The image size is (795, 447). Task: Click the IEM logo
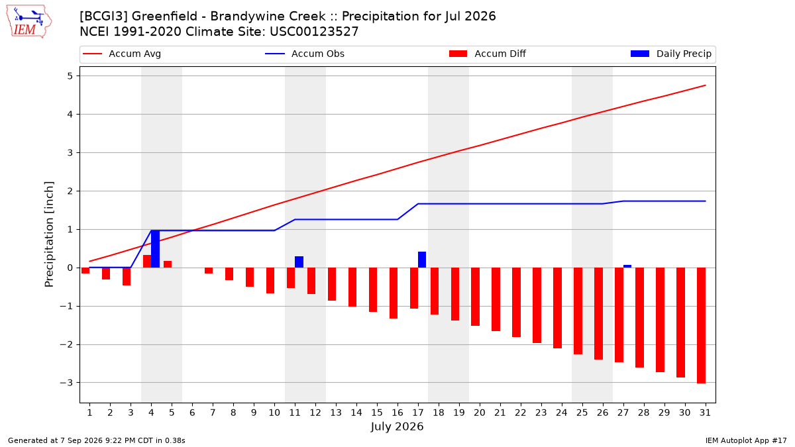tap(28, 22)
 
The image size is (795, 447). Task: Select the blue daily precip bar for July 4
tap(155, 249)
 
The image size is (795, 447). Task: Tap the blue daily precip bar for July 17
tap(422, 260)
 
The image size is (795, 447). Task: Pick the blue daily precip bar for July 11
tap(299, 262)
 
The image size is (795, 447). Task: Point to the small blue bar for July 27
tap(627, 266)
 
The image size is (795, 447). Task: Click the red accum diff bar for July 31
tap(701, 325)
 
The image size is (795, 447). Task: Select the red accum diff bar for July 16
tap(394, 293)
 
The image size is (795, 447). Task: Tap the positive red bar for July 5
tap(168, 264)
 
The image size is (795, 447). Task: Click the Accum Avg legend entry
tap(122, 54)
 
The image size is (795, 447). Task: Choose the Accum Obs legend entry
tap(305, 54)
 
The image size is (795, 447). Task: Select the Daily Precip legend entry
tap(670, 54)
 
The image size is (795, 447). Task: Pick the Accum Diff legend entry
tap(488, 54)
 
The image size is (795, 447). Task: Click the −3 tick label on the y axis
tap(66, 383)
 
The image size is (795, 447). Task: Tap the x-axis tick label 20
tap(480, 413)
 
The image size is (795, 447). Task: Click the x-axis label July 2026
tap(397, 426)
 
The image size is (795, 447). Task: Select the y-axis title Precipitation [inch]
tap(49, 234)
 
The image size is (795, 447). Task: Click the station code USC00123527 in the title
tap(314, 32)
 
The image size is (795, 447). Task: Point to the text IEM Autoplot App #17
tap(746, 440)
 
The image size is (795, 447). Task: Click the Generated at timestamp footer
tap(97, 440)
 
